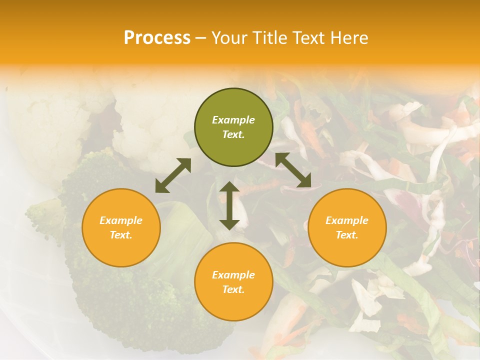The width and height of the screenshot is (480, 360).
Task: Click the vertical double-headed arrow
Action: [x=229, y=205]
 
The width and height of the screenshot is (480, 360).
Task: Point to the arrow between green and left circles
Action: [x=173, y=175]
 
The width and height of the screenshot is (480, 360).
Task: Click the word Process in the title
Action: [x=157, y=37]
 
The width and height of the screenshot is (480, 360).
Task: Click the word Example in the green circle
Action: [x=233, y=120]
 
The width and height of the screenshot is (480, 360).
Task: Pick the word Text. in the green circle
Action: [x=233, y=134]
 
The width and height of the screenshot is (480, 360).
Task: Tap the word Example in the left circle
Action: [x=121, y=220]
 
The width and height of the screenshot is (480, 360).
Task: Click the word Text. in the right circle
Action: [x=347, y=235]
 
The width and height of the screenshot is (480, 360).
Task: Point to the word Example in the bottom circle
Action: [x=233, y=275]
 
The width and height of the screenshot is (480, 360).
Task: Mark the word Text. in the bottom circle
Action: [x=233, y=289]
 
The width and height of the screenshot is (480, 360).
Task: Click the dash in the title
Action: [x=201, y=37]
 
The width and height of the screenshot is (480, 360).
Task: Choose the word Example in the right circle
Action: [x=347, y=220]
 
